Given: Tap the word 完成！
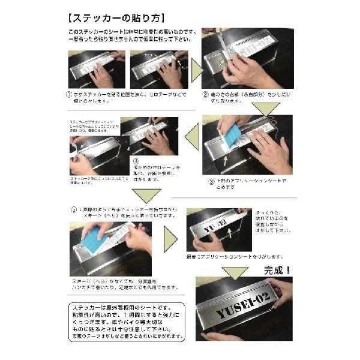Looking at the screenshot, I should [x=272, y=270].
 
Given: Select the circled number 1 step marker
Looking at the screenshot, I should [x=70, y=94].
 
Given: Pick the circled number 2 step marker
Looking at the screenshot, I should [x=205, y=94].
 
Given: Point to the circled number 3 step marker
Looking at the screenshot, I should [x=212, y=181].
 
